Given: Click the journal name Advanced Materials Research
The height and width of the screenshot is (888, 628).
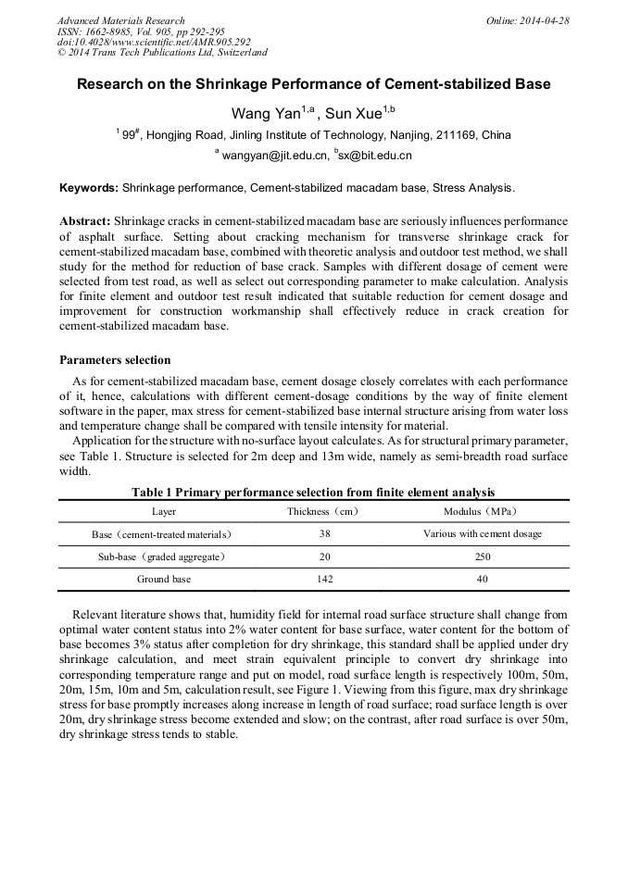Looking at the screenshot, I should click(x=120, y=20).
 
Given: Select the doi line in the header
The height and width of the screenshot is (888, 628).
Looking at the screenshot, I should click(x=154, y=41).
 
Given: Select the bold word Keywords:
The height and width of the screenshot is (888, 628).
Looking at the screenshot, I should click(x=89, y=188).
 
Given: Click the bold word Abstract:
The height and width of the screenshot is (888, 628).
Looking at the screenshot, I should click(x=85, y=222).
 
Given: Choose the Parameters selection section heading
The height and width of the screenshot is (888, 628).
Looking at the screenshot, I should click(x=115, y=359).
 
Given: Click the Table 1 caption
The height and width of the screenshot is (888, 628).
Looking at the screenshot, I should click(x=313, y=493).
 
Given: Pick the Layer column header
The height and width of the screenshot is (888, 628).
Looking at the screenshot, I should click(x=164, y=511).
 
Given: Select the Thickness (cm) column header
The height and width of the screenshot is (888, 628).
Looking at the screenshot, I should click(x=322, y=511).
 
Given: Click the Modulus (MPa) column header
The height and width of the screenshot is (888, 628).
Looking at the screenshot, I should click(x=482, y=511).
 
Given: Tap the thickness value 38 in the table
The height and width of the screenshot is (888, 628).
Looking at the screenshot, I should click(x=324, y=534).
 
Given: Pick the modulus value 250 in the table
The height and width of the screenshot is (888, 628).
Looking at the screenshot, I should click(x=482, y=557).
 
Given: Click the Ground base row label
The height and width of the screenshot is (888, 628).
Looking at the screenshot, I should click(x=164, y=579).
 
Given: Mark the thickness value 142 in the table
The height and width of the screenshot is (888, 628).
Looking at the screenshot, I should click(x=324, y=579).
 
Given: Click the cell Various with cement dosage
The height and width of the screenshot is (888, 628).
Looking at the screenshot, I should click(x=482, y=534).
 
